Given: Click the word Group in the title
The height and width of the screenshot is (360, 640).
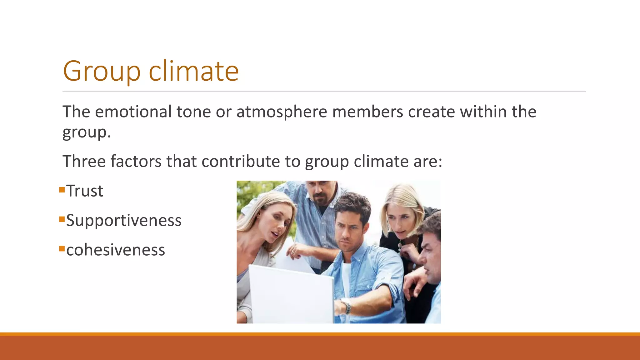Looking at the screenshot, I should [102, 71].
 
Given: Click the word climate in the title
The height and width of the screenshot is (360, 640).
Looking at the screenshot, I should [193, 71].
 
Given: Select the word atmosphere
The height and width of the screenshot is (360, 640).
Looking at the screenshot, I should [282, 112].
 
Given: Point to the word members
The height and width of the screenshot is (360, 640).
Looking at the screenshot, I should [367, 112].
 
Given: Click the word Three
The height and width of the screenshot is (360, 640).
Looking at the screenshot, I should [84, 161].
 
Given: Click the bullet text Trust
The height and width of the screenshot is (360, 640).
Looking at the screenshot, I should [85, 191].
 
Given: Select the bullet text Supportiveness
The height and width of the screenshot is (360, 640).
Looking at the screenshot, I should [124, 220].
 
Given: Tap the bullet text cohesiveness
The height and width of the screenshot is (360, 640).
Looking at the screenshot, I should [116, 250].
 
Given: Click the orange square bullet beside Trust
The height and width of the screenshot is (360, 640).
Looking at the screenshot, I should [62, 189].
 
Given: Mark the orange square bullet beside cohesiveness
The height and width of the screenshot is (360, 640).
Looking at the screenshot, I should [62, 249].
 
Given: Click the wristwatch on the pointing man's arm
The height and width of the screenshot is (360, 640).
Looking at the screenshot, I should [346, 306].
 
